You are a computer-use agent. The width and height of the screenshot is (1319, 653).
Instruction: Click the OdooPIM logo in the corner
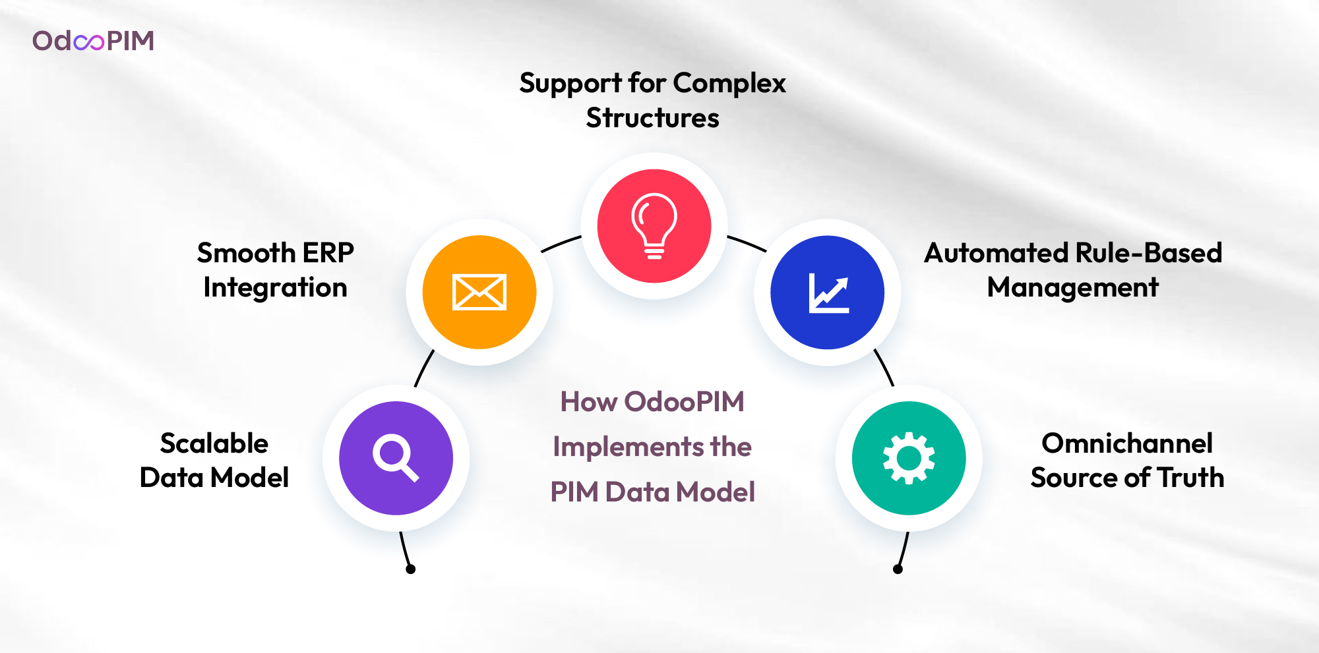(x=93, y=41)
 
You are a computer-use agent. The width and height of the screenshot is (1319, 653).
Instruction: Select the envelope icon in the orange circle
(x=479, y=292)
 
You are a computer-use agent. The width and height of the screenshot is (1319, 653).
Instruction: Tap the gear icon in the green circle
(x=909, y=458)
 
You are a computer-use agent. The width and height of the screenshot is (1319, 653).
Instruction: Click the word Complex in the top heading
(x=729, y=84)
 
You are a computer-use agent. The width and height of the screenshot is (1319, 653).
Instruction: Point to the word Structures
(x=652, y=118)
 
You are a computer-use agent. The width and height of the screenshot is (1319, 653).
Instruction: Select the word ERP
(x=328, y=252)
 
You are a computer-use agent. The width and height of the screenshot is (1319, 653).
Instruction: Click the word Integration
(x=275, y=287)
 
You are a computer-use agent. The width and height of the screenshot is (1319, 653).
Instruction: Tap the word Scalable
(x=214, y=443)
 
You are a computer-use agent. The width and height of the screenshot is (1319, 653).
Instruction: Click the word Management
(x=1073, y=287)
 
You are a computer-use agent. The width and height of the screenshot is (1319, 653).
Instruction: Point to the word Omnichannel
(x=1127, y=443)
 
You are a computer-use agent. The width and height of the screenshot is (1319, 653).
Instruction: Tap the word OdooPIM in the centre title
(x=685, y=401)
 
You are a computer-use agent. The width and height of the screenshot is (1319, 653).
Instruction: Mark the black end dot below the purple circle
(x=410, y=569)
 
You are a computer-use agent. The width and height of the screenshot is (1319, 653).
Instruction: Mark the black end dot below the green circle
(x=898, y=569)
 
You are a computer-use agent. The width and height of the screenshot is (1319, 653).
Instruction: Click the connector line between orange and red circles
(x=561, y=243)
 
